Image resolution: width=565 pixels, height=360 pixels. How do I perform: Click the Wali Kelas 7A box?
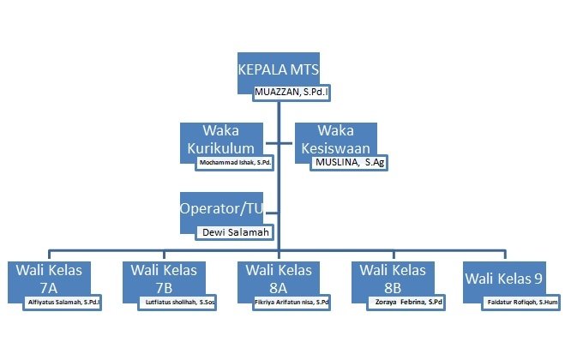coord(49,276)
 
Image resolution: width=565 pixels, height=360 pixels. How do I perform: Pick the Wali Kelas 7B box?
coord(163,276)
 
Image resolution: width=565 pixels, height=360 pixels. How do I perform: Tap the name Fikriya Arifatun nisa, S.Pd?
coord(292,302)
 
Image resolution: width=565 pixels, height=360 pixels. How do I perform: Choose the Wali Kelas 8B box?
coord(394,276)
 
